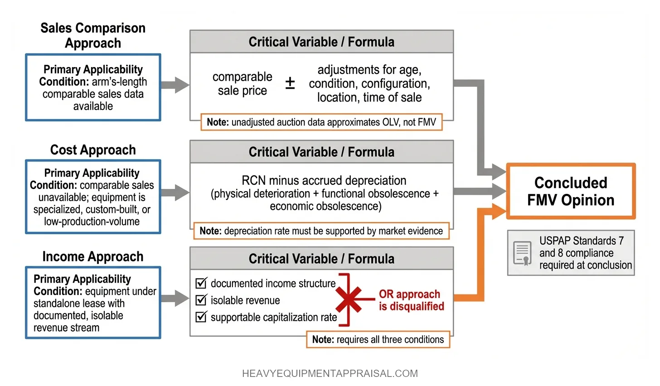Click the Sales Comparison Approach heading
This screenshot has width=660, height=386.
click(93, 35)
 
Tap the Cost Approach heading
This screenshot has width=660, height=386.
click(93, 150)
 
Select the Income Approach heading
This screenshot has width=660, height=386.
click(93, 256)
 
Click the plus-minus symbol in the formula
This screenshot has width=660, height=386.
click(290, 83)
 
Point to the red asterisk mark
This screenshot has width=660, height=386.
click(349, 299)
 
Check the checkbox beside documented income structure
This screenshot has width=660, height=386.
click(201, 283)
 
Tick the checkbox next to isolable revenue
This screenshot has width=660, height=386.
click(201, 300)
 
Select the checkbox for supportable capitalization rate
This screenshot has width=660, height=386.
click(201, 317)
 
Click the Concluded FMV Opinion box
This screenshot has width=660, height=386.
click(571, 191)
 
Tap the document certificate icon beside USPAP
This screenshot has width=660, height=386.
click(522, 253)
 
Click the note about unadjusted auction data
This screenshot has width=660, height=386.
click(321, 122)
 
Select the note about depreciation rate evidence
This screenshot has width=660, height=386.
click(321, 231)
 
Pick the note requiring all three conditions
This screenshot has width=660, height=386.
click(378, 339)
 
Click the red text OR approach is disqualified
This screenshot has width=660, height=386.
click(411, 300)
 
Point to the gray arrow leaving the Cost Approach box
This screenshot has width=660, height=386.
click(175, 193)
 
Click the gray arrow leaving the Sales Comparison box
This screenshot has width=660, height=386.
click(175, 85)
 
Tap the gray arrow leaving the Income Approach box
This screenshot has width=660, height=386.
click(175, 298)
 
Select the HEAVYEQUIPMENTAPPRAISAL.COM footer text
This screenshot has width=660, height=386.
click(330, 373)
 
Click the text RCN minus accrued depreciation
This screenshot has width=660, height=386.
click(324, 180)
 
